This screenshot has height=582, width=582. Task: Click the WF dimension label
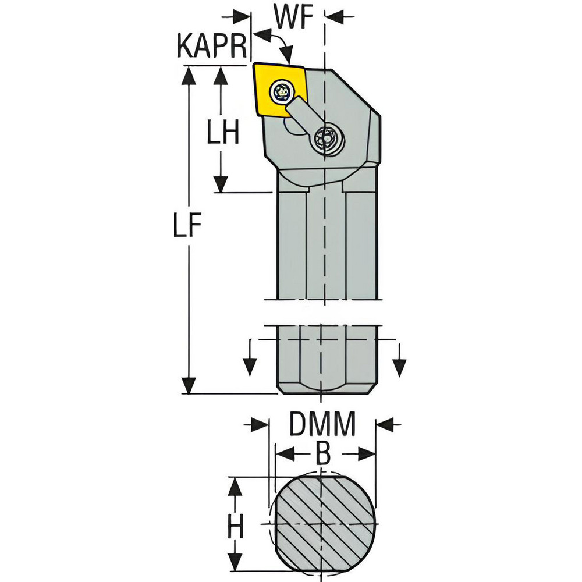[293, 17]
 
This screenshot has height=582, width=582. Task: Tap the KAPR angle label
[212, 45]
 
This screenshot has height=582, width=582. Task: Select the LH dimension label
[223, 132]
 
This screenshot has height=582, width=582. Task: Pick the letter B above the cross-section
[323, 453]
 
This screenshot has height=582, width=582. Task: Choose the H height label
[235, 527]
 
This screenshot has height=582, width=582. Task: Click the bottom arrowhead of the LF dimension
[189, 384]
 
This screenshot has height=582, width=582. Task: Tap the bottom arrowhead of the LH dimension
[221, 183]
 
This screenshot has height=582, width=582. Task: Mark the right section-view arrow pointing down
[400, 366]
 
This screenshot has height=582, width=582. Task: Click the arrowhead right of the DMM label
[386, 424]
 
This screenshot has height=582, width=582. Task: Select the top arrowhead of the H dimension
[234, 488]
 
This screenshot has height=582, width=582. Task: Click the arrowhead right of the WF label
[335, 16]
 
